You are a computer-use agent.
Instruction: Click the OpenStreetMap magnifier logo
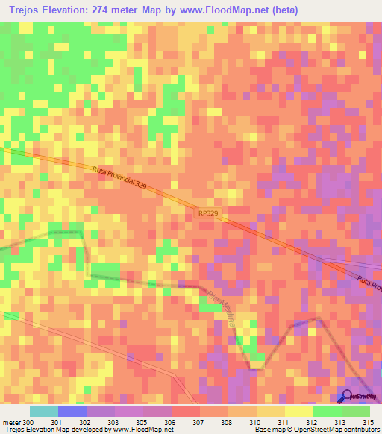click(x=346, y=396)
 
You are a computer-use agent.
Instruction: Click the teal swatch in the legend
click(x=43, y=411)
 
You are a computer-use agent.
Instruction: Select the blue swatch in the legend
click(x=72, y=411)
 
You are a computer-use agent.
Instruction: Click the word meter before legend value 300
click(x=10, y=421)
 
